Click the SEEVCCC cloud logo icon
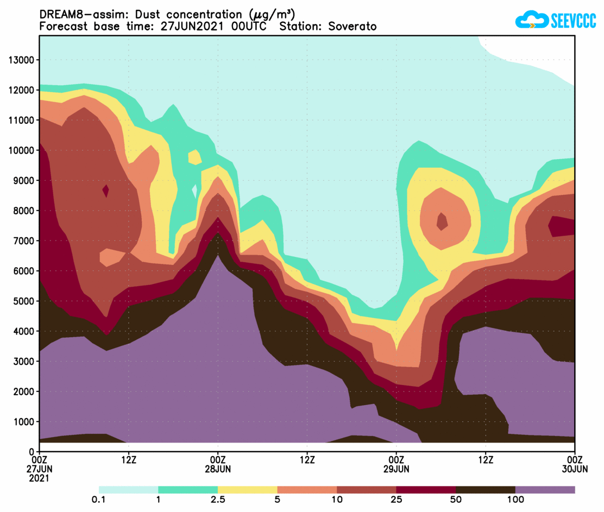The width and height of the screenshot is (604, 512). click(x=531, y=21)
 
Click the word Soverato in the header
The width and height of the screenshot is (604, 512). click(x=353, y=27)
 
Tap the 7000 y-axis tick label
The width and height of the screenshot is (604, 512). click(x=23, y=241)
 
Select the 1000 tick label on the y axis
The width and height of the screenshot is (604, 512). click(x=23, y=421)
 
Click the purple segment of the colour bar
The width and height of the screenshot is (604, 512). click(x=545, y=490)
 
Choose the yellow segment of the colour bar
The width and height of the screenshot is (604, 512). click(x=247, y=490)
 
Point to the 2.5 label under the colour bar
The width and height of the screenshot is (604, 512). click(x=217, y=500)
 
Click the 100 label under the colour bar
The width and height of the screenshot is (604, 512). click(x=515, y=500)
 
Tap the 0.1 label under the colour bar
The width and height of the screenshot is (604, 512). click(x=98, y=500)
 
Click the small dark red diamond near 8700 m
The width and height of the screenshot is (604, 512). click(x=106, y=191)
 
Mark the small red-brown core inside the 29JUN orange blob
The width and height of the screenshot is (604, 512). click(x=442, y=221)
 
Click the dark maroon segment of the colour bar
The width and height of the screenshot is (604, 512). click(x=426, y=490)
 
